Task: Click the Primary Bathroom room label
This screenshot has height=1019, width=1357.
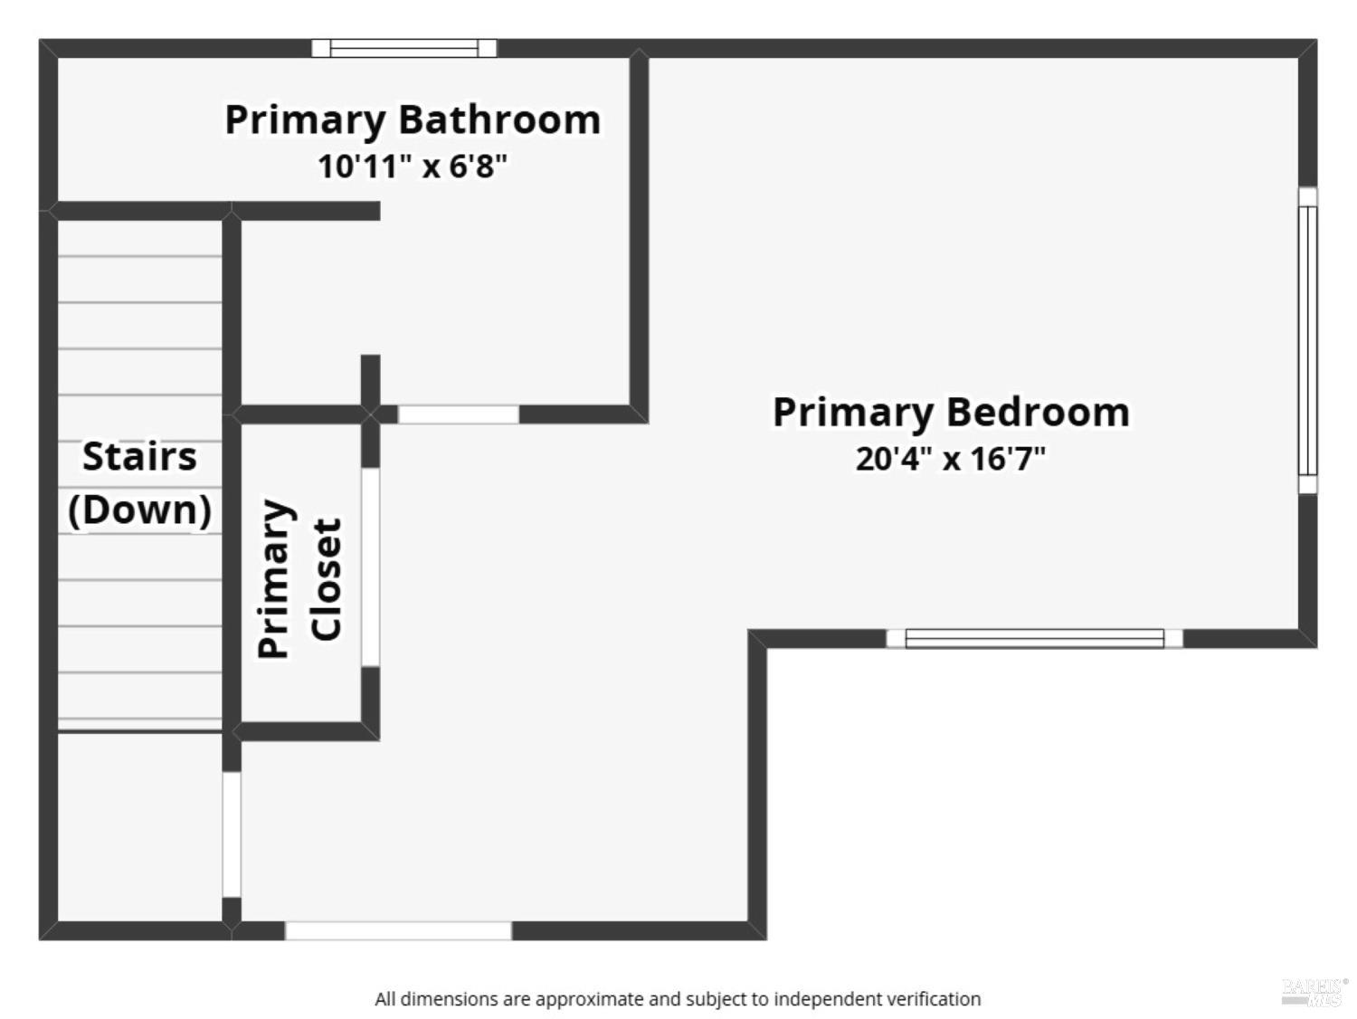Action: [x=413, y=120]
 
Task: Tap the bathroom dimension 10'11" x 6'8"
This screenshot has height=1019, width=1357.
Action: [x=413, y=167]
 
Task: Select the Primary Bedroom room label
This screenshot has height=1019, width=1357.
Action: [x=951, y=413]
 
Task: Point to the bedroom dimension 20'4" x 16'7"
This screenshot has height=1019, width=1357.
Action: [x=951, y=459]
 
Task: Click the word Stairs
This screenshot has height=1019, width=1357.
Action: [x=139, y=456]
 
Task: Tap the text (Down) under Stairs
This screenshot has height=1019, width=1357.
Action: [x=139, y=509]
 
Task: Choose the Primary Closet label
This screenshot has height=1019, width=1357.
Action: [x=299, y=578]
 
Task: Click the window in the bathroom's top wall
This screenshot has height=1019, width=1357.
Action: [x=403, y=48]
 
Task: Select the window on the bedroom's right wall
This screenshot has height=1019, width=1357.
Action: [x=1307, y=340]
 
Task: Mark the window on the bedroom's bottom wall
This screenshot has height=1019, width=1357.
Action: [x=1034, y=638]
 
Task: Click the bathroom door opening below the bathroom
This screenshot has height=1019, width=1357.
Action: [x=459, y=414]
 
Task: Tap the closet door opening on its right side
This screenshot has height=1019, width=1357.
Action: [x=370, y=567]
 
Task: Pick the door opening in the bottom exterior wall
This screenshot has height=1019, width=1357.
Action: [x=398, y=930]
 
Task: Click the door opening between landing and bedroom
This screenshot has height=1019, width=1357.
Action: [x=232, y=833]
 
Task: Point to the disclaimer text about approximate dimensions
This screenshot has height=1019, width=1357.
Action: [x=678, y=999]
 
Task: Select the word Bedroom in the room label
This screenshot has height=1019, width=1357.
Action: [x=1038, y=413]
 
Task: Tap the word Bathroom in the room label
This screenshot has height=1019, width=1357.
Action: [x=499, y=120]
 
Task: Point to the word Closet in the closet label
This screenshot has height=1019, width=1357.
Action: [x=327, y=578]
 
